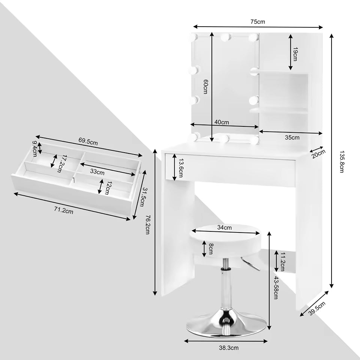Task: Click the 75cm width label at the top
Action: [x=258, y=21]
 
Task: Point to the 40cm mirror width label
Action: [x=222, y=122]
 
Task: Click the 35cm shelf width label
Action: [x=292, y=138]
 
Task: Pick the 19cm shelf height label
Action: [x=295, y=54]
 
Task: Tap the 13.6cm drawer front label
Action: [x=181, y=168]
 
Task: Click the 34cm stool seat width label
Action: [x=224, y=227]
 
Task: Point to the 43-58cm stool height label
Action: [x=276, y=288]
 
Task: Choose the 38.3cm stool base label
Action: [x=228, y=348]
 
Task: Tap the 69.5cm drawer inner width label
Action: [x=88, y=142]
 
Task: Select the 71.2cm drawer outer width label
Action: [x=63, y=211]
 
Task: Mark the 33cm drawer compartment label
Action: [x=97, y=172]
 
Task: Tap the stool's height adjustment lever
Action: [x=250, y=264]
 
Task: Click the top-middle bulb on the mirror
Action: [x=225, y=37]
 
